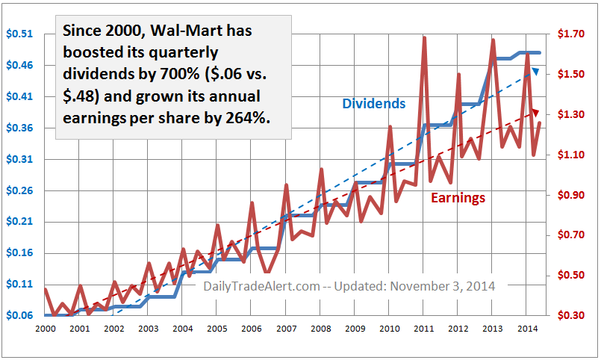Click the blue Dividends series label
(373, 104)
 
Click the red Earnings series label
(458, 198)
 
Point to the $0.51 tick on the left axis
(19, 34)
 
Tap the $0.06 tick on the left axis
(19, 315)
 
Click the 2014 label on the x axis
(526, 329)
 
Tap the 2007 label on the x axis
(285, 329)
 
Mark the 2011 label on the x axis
(423, 329)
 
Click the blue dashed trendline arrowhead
(535, 71)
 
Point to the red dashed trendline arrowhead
(535, 112)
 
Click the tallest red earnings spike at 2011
(424, 37)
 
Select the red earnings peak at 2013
(493, 40)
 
